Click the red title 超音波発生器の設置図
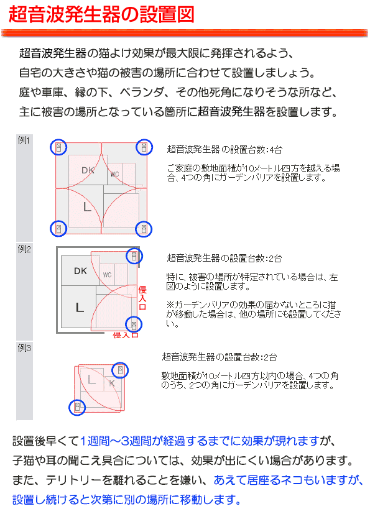click(101, 14)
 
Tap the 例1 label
click(24, 140)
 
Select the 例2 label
click(24, 249)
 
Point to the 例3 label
click(24, 348)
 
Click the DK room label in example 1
click(88, 170)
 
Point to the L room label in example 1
click(87, 207)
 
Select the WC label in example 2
click(107, 275)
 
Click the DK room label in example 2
click(80, 271)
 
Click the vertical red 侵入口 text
click(142, 298)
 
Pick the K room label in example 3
click(112, 384)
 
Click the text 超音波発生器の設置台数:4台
click(224, 150)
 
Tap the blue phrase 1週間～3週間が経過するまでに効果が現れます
click(200, 441)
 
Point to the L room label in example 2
click(80, 308)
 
